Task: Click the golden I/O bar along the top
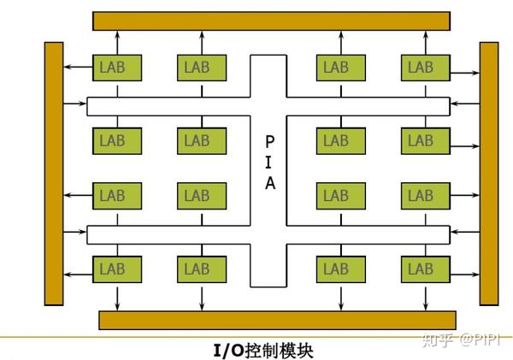(271, 21)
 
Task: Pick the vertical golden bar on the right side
(489, 173)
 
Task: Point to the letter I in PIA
(269, 162)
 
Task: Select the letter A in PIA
(269, 184)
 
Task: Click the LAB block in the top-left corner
(118, 66)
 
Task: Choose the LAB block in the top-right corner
(421, 66)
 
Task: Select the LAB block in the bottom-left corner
(118, 269)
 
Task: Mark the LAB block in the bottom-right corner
(421, 269)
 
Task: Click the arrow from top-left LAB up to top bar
(118, 41)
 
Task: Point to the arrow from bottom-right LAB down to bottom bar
(425, 296)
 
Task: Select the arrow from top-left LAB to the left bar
(80, 66)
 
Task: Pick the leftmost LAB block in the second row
(118, 140)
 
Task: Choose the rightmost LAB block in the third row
(421, 196)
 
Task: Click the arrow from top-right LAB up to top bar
(425, 41)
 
